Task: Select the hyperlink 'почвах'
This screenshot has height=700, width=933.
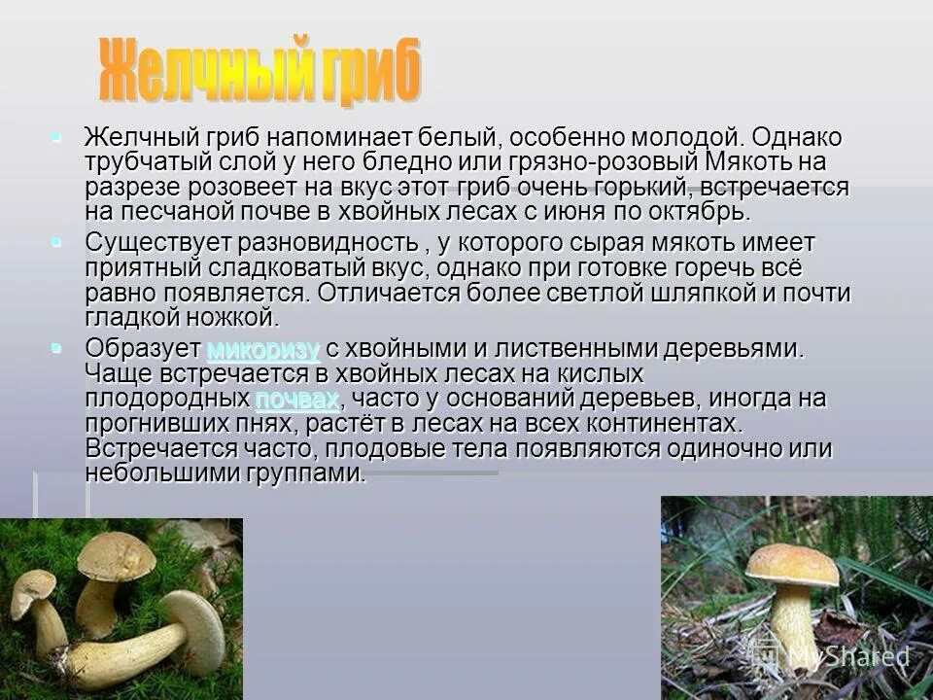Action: [297, 399]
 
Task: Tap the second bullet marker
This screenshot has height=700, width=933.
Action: [57, 239]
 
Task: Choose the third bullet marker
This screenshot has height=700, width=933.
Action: [57, 346]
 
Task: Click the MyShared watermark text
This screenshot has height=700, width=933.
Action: [846, 656]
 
